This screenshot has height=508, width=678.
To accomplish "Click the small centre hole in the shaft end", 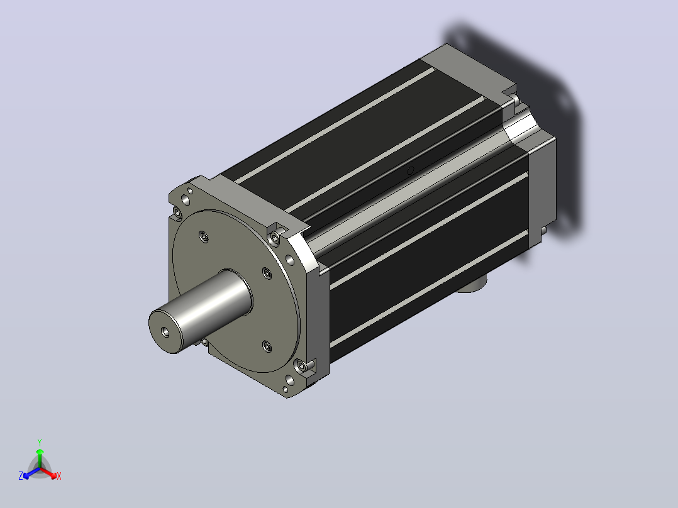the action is [165, 331].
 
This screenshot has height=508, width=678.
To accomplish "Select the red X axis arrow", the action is [48, 472].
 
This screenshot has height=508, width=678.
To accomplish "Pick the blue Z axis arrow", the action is [31, 473].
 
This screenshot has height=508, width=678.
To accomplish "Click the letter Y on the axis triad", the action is [40, 442].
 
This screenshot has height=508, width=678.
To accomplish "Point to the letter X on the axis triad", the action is [59, 476].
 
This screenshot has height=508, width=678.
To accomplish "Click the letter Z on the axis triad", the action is [20, 476].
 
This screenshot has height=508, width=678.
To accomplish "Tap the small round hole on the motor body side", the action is [410, 170].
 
